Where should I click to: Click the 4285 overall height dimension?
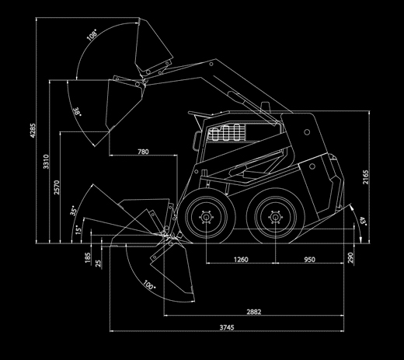(x=33, y=131)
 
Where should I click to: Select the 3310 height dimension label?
(x=46, y=162)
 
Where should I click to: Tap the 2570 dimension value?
(x=57, y=187)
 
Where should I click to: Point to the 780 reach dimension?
(x=143, y=152)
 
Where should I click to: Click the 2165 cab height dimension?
(x=366, y=177)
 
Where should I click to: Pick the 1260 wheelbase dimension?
(x=241, y=259)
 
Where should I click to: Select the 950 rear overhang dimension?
(x=309, y=259)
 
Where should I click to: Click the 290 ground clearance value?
(x=350, y=258)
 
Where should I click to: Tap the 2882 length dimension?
(x=254, y=312)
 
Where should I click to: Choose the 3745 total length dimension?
(x=227, y=327)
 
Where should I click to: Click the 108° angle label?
(x=92, y=35)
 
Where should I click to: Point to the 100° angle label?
(x=149, y=285)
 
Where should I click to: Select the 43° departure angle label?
(x=364, y=222)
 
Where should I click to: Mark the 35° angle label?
(x=73, y=211)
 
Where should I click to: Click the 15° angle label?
(x=78, y=229)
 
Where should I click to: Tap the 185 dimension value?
(x=88, y=258)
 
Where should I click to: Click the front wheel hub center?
(x=206, y=217)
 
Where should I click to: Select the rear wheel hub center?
(x=275, y=217)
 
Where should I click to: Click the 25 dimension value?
(x=98, y=264)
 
